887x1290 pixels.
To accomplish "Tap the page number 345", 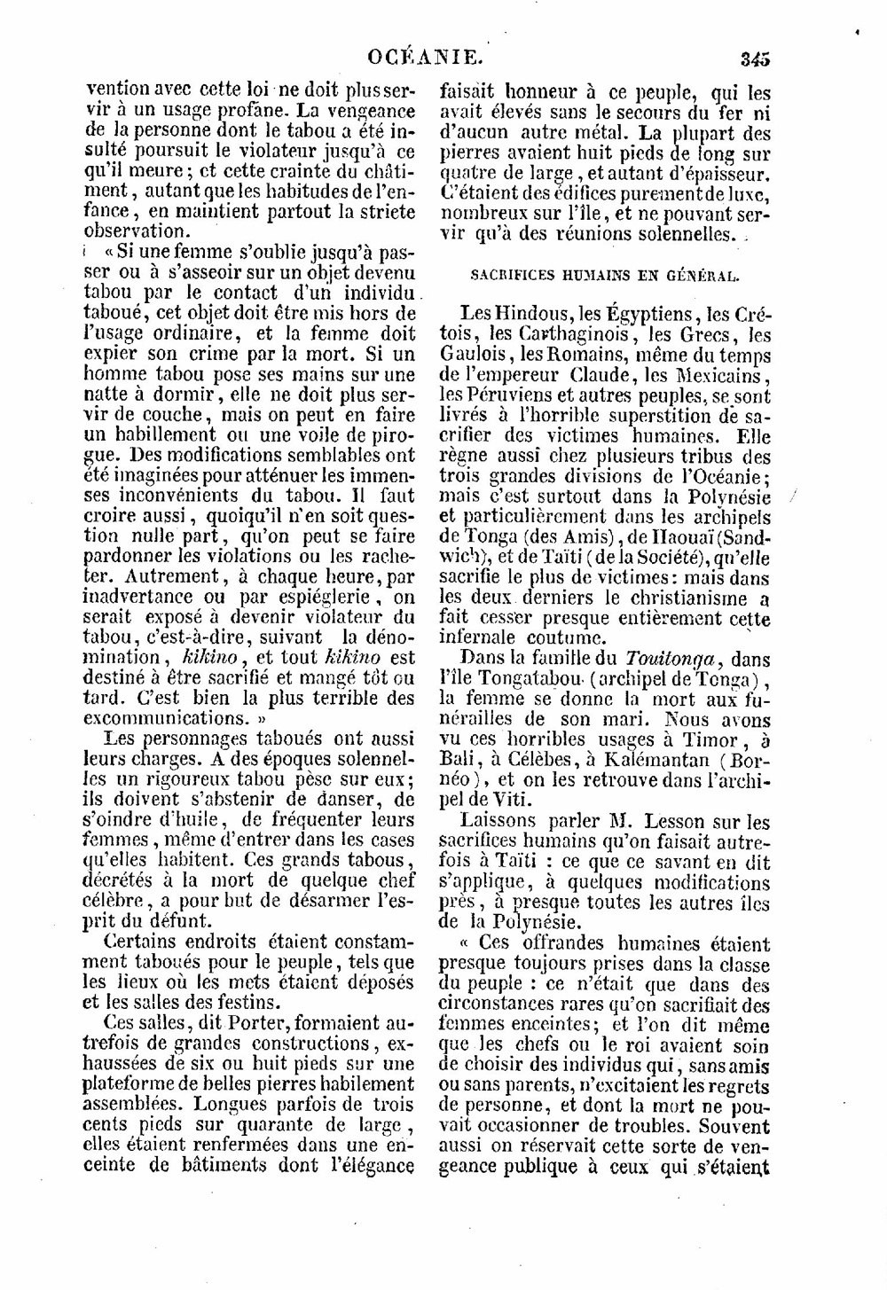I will pyautogui.click(x=755, y=59).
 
